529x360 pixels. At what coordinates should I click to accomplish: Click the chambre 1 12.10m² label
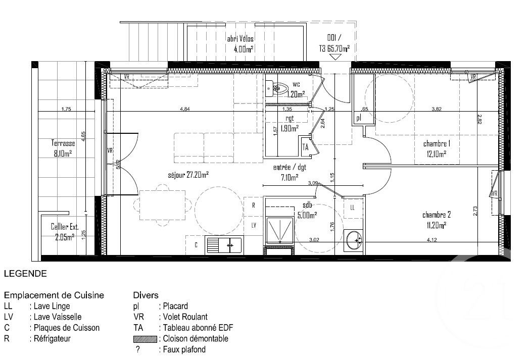click(x=437, y=149)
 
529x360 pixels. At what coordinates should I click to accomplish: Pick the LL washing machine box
click(x=352, y=208)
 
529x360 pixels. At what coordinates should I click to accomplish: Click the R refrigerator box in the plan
click(x=254, y=205)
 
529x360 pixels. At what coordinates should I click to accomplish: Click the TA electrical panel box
click(x=305, y=147)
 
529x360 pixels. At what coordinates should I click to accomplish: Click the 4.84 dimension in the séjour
click(x=185, y=109)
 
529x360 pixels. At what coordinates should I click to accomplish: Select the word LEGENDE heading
click(x=25, y=274)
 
